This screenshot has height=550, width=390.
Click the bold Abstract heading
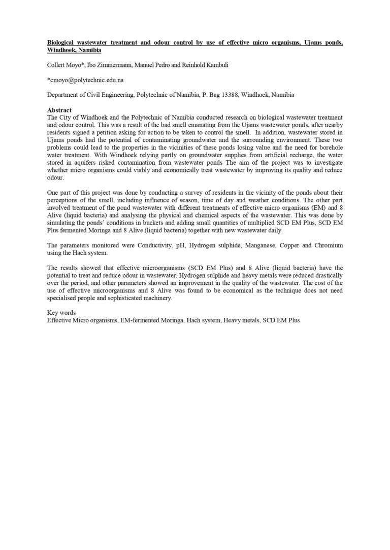[x=59, y=110]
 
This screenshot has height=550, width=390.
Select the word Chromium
[x=327, y=245]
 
